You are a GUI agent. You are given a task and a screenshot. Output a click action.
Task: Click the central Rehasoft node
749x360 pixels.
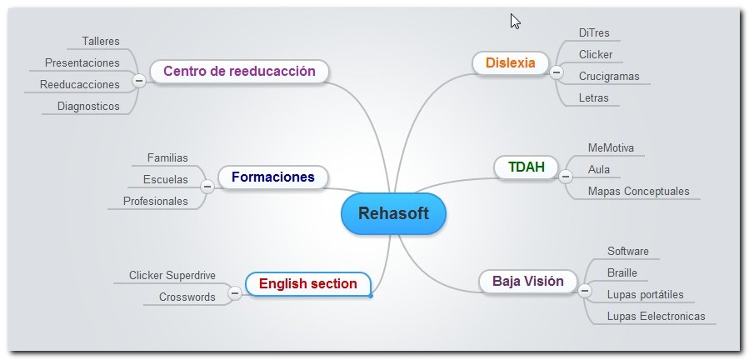[x=393, y=213]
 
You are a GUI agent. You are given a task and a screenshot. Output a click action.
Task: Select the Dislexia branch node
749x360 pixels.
[x=510, y=63]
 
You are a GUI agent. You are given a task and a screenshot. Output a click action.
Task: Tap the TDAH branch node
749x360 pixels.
[x=526, y=167]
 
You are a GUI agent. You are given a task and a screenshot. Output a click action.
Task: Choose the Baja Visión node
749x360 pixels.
[x=528, y=281]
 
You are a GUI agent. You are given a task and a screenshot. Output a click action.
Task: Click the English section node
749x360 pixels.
[x=308, y=284]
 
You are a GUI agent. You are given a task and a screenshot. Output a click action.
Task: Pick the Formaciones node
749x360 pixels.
[x=273, y=177]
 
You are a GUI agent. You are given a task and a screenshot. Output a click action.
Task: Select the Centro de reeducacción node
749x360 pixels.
[x=239, y=71]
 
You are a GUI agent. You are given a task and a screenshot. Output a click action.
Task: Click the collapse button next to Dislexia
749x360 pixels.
[x=556, y=72]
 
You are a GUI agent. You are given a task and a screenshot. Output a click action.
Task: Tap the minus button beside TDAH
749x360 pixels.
[x=566, y=177]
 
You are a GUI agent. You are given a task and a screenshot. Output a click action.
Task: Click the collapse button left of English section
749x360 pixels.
[x=235, y=292]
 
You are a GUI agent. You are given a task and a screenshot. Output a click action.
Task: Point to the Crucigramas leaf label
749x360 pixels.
[x=609, y=77]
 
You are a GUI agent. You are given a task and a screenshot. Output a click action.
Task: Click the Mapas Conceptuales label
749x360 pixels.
[x=639, y=191]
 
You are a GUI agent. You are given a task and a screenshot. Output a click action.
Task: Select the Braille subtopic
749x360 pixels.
[x=622, y=273]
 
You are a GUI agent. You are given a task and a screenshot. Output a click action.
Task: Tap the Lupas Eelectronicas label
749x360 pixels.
[x=656, y=317]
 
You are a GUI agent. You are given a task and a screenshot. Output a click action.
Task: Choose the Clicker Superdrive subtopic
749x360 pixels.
[x=172, y=276]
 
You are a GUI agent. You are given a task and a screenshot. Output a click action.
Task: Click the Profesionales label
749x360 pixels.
[x=155, y=202]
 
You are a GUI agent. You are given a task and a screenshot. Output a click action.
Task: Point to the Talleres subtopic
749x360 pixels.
[x=101, y=42]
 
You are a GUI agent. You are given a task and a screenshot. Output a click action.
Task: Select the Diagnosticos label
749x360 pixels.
[x=88, y=106]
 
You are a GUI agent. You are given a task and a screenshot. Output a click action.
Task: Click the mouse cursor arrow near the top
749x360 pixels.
[x=515, y=21]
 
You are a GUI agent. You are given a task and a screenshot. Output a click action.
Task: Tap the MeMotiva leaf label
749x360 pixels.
[x=611, y=148]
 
